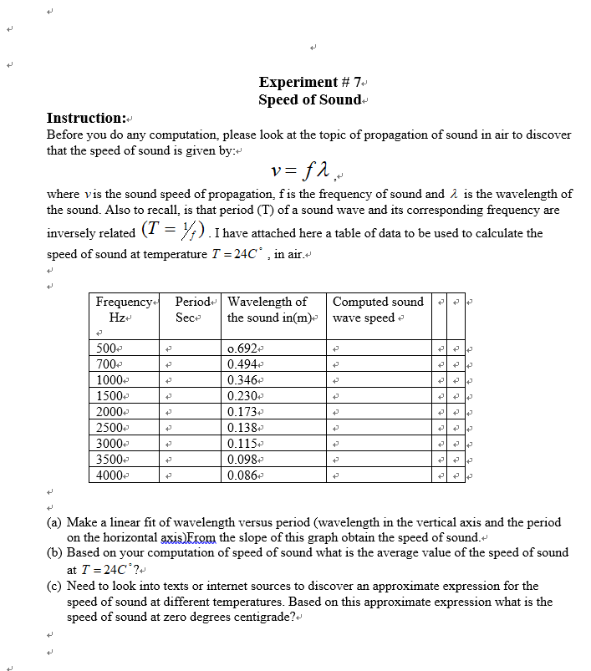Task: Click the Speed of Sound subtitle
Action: pos(309,99)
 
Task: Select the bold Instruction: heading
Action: pos(86,118)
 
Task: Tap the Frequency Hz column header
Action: pos(125,310)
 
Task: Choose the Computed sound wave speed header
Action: pos(378,310)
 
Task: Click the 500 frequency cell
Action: pos(108,348)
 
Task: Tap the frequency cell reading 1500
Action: pos(110,395)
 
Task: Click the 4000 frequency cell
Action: pos(110,475)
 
